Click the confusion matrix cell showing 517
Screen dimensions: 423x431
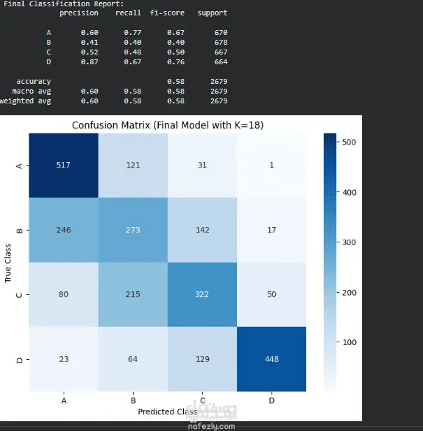[64, 165]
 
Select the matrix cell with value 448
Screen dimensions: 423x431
[271, 359]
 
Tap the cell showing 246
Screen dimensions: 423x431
[64, 230]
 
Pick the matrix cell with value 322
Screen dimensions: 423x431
[202, 294]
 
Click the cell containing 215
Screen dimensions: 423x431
[133, 294]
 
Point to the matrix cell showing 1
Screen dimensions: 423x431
[271, 165]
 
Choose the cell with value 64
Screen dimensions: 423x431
[133, 359]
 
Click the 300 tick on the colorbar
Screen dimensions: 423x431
[349, 242]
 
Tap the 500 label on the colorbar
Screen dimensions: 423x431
[349, 142]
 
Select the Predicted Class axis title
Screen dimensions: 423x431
[168, 411]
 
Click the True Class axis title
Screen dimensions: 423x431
[8, 263]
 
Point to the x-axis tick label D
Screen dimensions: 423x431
[271, 400]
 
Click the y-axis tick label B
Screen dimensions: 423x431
[20, 230]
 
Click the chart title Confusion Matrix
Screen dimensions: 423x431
[168, 125]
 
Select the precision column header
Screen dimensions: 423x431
[79, 13]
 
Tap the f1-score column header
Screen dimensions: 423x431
[167, 13]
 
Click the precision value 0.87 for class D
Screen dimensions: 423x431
[89, 62]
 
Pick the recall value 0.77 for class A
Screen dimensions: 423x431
[133, 32]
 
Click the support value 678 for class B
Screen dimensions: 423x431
[221, 43]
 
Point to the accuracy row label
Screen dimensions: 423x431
[34, 81]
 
